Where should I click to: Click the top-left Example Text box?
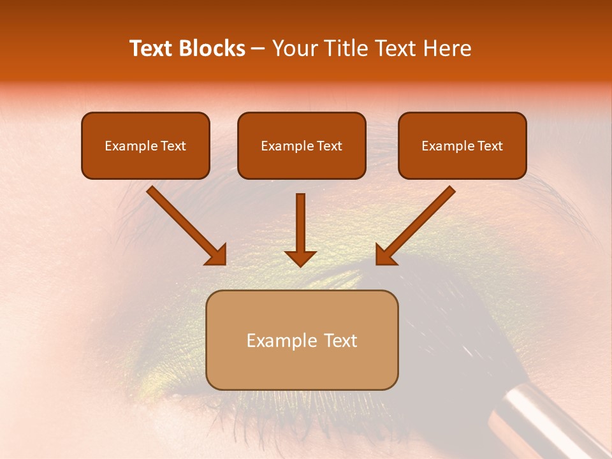(x=145, y=146)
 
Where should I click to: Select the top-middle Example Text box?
(x=302, y=146)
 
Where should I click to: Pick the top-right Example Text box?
(x=462, y=146)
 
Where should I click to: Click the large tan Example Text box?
(x=302, y=340)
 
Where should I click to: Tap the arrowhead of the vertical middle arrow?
(x=300, y=258)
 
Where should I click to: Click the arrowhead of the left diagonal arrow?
(x=217, y=255)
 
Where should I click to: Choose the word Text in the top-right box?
(x=490, y=146)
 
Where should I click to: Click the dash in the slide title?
(x=258, y=48)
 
